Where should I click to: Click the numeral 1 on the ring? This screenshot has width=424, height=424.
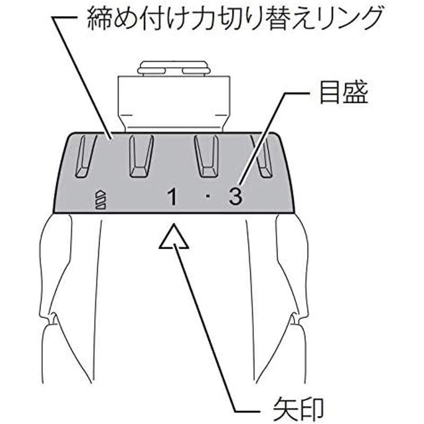point(172,197)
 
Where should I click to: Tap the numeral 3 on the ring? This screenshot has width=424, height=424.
point(235,196)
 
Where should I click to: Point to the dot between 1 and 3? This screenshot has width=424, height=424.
point(208,197)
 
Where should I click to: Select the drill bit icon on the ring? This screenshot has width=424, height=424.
point(101,200)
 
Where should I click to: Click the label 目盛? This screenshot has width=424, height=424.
point(343,93)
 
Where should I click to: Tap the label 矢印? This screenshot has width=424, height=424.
point(298,409)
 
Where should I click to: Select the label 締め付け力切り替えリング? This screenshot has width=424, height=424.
point(235,19)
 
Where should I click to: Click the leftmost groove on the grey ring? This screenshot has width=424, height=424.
point(84,156)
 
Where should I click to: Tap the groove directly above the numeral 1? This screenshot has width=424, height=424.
point(141,156)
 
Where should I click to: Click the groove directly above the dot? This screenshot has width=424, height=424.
point(207,156)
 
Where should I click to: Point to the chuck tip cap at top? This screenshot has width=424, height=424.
point(174,68)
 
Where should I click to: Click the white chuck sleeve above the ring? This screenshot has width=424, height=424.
point(174,104)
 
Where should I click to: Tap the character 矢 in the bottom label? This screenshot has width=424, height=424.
point(285,409)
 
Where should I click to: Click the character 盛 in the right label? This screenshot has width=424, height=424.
point(356,93)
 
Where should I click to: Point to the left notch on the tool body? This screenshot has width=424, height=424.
point(52,319)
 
